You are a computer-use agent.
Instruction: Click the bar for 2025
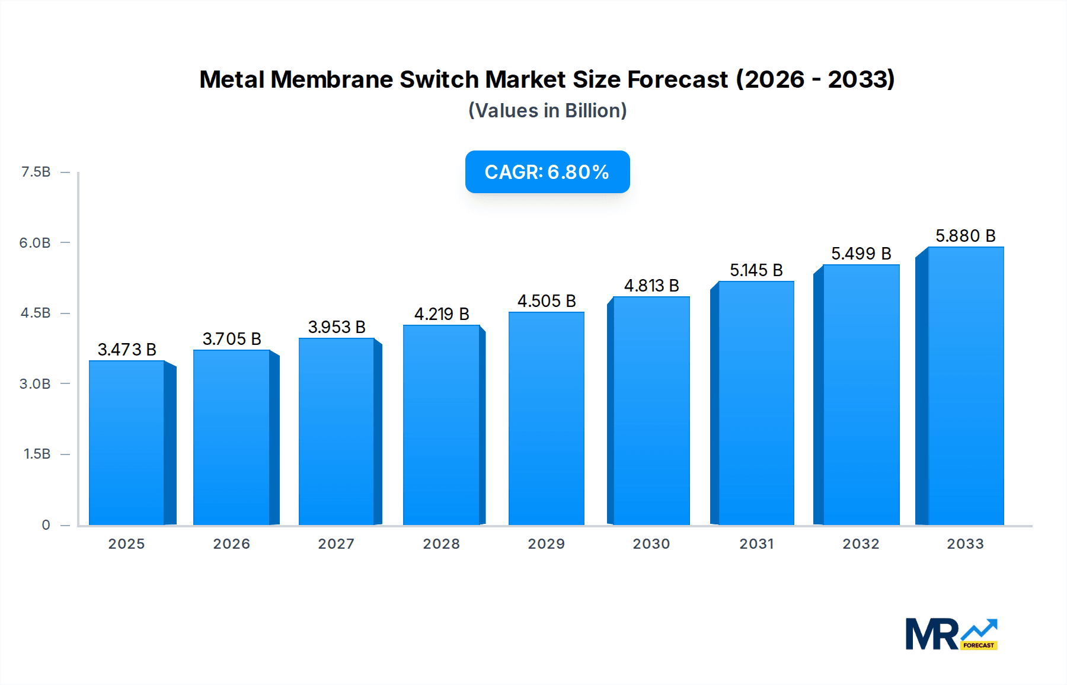coord(127,443)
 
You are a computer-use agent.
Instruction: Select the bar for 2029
coord(546,418)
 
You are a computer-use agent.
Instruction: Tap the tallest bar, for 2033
coord(965,386)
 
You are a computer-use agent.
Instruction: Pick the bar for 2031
coord(756,403)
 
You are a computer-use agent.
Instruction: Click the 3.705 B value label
coord(232,339)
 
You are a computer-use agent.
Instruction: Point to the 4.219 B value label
coord(442,314)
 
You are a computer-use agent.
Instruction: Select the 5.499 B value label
coord(861,254)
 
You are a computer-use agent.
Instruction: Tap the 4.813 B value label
coord(651,286)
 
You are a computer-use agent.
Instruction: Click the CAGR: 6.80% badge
coord(547,172)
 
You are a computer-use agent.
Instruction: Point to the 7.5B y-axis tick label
coord(36,172)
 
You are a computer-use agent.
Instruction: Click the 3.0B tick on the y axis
coord(35,384)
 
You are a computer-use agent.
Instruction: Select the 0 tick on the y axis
coord(46,525)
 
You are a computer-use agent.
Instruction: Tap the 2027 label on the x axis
coord(336,544)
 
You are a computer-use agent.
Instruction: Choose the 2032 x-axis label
coord(861,544)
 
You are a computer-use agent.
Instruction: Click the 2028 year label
coord(441,544)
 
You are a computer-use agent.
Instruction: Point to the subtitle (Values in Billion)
coord(547,111)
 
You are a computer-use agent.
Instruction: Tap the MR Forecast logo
coord(951,634)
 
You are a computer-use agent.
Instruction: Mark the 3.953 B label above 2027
coord(337,327)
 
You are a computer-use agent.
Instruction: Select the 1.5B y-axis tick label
coord(37,454)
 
